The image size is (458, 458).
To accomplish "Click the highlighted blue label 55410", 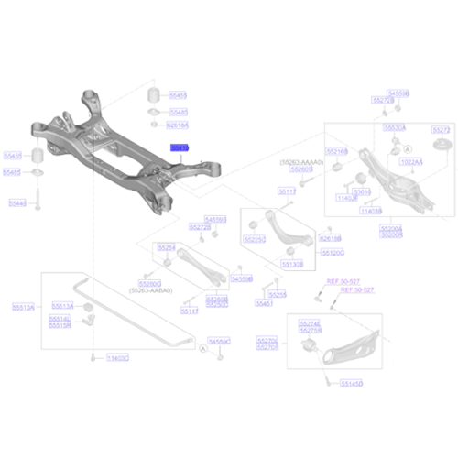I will tap(179, 147).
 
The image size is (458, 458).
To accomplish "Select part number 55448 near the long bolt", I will tap(16, 204).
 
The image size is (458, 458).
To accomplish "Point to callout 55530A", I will tap(394, 129).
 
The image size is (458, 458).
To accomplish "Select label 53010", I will tap(364, 191).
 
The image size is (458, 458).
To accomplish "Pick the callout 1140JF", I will tap(345, 198).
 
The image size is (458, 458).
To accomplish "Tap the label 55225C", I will tap(254, 238).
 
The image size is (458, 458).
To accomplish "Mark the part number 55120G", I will tap(333, 251).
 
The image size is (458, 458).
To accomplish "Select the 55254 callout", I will tap(166, 247).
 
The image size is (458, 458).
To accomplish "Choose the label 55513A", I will tap(61, 306).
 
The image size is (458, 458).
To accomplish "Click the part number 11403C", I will tap(118, 356).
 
